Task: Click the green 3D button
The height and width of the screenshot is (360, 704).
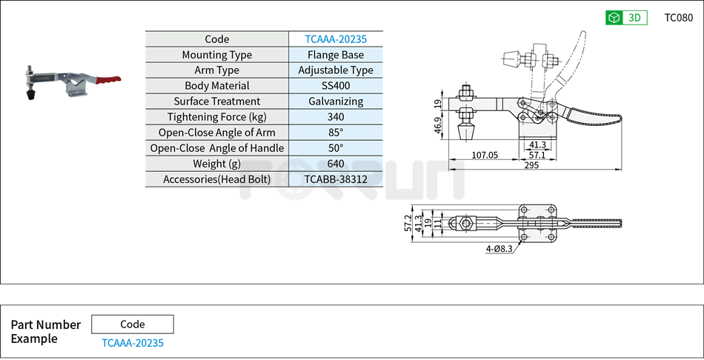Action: (626, 18)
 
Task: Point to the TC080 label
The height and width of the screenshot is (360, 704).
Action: (678, 18)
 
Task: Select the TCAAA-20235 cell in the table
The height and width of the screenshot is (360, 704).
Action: (336, 39)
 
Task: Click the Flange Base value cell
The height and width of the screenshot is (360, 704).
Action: (336, 55)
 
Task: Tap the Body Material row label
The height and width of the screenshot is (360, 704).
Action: (216, 86)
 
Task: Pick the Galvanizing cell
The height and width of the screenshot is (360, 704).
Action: (336, 101)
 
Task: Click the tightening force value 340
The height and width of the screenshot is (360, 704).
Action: (336, 117)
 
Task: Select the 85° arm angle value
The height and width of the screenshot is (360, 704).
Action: (336, 133)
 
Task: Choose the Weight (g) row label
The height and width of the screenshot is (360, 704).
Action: (216, 164)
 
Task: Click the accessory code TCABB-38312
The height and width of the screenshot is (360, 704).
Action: (336, 179)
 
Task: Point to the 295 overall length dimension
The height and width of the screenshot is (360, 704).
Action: (531, 165)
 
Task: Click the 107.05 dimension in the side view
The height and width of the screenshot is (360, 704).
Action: (485, 156)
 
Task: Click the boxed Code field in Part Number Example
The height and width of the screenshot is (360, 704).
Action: (133, 324)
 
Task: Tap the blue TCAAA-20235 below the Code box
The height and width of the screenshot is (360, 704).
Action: (133, 343)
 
